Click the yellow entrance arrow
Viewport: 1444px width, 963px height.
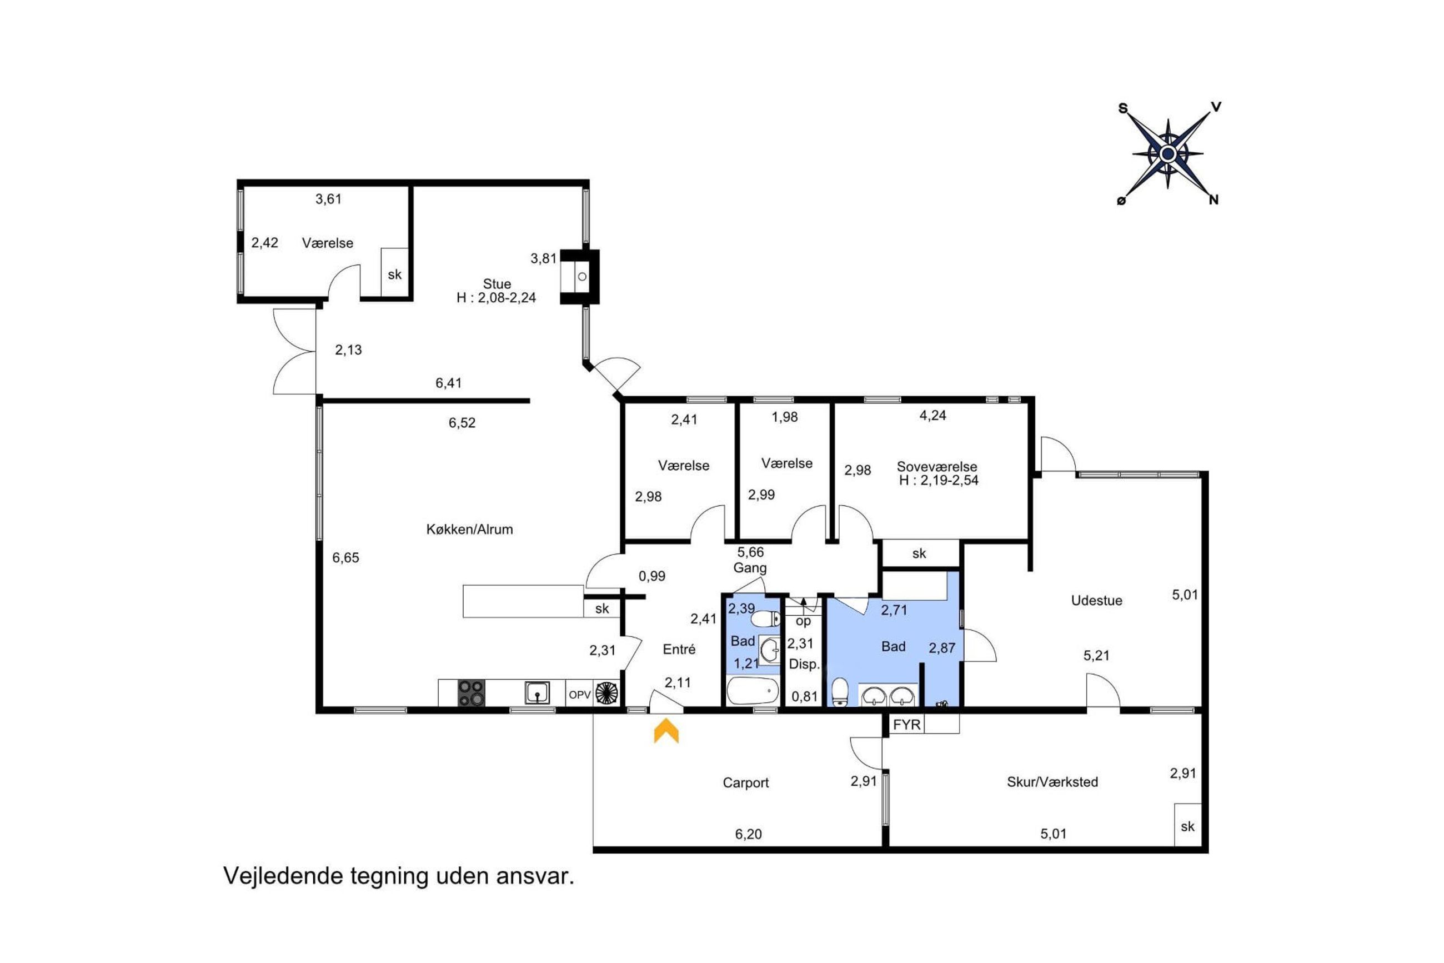pyautogui.click(x=666, y=731)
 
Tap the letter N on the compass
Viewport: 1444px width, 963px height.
pyautogui.click(x=1214, y=199)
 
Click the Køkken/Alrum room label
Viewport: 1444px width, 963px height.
pyautogui.click(x=469, y=530)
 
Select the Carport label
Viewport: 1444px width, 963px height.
pyautogui.click(x=746, y=782)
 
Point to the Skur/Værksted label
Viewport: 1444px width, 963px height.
pyautogui.click(x=1052, y=782)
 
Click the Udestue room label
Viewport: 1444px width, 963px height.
pyautogui.click(x=1097, y=600)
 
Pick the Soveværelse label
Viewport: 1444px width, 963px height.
pyautogui.click(x=937, y=466)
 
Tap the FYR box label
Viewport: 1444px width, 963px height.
pyautogui.click(x=907, y=725)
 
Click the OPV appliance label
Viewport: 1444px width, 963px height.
pyautogui.click(x=579, y=695)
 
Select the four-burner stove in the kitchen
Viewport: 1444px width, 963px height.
pyautogui.click(x=472, y=693)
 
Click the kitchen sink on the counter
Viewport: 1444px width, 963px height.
pyautogui.click(x=537, y=693)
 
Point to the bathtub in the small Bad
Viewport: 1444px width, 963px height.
pyautogui.click(x=753, y=691)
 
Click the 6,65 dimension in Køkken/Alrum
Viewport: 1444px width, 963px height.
pyautogui.click(x=345, y=558)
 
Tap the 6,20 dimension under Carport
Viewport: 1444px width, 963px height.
pyautogui.click(x=749, y=834)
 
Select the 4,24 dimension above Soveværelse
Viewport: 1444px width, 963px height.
pyautogui.click(x=933, y=415)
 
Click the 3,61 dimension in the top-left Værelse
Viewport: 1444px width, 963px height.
pyautogui.click(x=328, y=199)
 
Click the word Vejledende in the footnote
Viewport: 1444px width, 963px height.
pyautogui.click(x=283, y=876)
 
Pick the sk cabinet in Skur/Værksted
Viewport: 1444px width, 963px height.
pyautogui.click(x=1187, y=825)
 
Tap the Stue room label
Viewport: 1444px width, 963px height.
pyautogui.click(x=497, y=284)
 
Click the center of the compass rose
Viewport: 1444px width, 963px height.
pyautogui.click(x=1168, y=153)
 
